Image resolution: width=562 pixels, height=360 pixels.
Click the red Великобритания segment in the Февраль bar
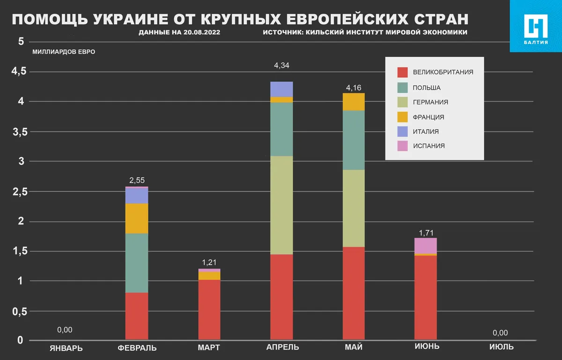click(x=137, y=316)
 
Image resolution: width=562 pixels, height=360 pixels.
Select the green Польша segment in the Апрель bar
click(x=282, y=129)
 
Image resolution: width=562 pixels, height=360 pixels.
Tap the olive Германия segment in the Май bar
click(x=354, y=208)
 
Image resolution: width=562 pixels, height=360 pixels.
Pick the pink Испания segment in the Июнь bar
click(x=426, y=246)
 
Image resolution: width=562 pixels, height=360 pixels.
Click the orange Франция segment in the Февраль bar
click(x=137, y=218)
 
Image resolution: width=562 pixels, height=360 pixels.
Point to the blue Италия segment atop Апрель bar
click(x=282, y=89)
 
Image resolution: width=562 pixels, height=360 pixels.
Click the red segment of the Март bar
click(x=209, y=309)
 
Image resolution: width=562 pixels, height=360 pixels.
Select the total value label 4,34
click(x=281, y=66)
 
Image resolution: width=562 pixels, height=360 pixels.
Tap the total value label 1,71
click(x=426, y=232)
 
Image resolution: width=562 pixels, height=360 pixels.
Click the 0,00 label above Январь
click(x=65, y=330)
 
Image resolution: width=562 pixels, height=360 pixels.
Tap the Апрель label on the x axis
click(x=282, y=347)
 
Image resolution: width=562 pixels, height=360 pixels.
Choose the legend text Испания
click(x=429, y=146)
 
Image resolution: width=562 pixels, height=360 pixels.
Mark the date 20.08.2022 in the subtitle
click(x=201, y=32)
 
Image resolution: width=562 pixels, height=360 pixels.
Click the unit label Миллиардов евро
click(x=64, y=51)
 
